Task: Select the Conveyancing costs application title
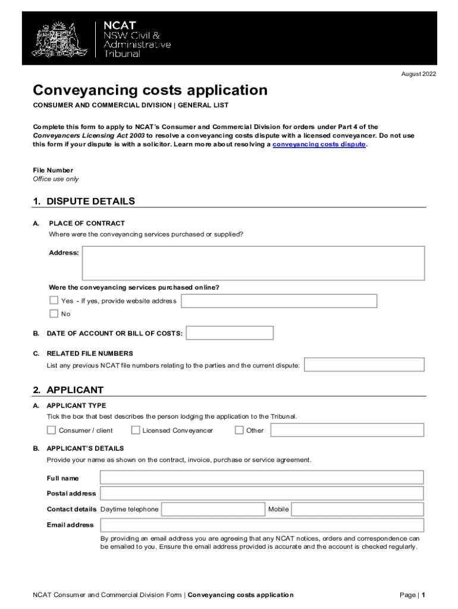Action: pos(150,90)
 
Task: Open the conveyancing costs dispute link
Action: pos(319,145)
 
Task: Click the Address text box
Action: pos(253,263)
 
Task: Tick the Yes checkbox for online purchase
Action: pos(54,300)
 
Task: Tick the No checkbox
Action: pos(54,313)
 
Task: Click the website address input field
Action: pos(279,301)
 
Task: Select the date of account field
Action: pos(230,333)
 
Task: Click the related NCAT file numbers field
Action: pos(364,365)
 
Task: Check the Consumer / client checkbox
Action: pos(52,430)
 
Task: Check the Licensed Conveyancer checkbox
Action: pos(136,430)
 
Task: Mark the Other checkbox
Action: pos(239,430)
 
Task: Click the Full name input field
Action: pos(262,478)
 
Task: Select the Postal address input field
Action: pos(262,493)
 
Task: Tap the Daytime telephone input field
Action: pos(213,509)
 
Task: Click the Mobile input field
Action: pos(357,509)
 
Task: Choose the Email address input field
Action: pos(262,525)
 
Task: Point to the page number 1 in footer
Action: pos(423,595)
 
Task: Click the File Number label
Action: pos(53,170)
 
